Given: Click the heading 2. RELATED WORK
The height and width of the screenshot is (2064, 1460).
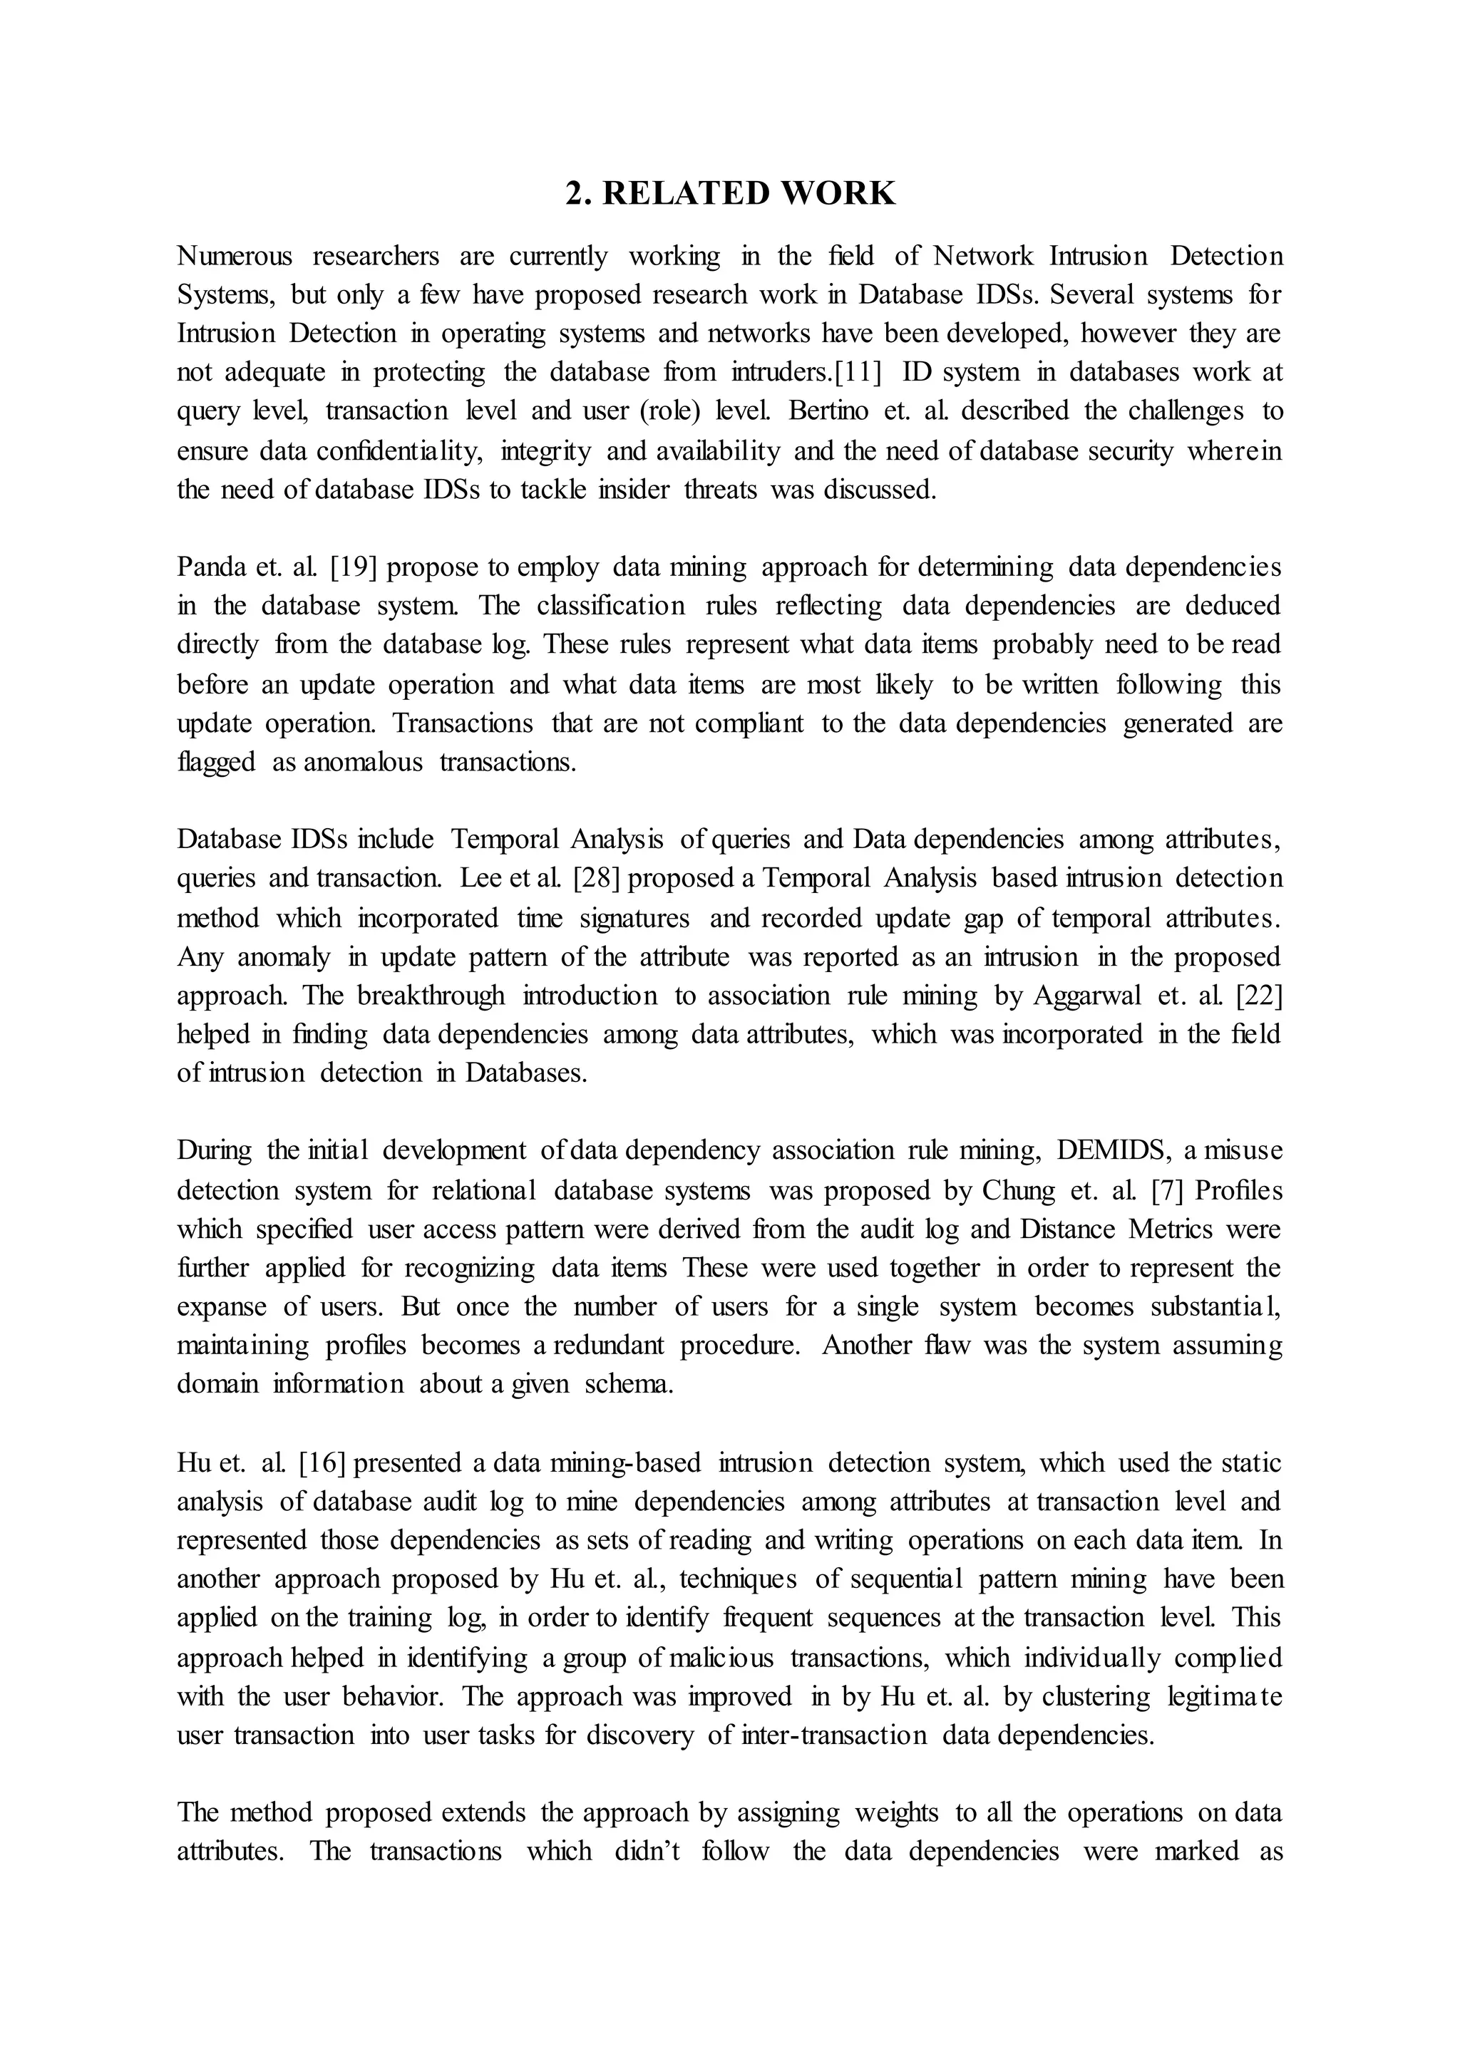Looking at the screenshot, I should pos(730,193).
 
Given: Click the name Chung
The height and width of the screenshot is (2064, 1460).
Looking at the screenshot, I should pos(1019,1190).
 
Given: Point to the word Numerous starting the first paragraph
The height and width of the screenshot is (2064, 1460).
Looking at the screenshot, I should pos(235,256).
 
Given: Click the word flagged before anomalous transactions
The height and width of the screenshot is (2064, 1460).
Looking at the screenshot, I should pos(216,763).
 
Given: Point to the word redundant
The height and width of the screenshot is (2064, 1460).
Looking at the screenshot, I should pos(609,1345).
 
